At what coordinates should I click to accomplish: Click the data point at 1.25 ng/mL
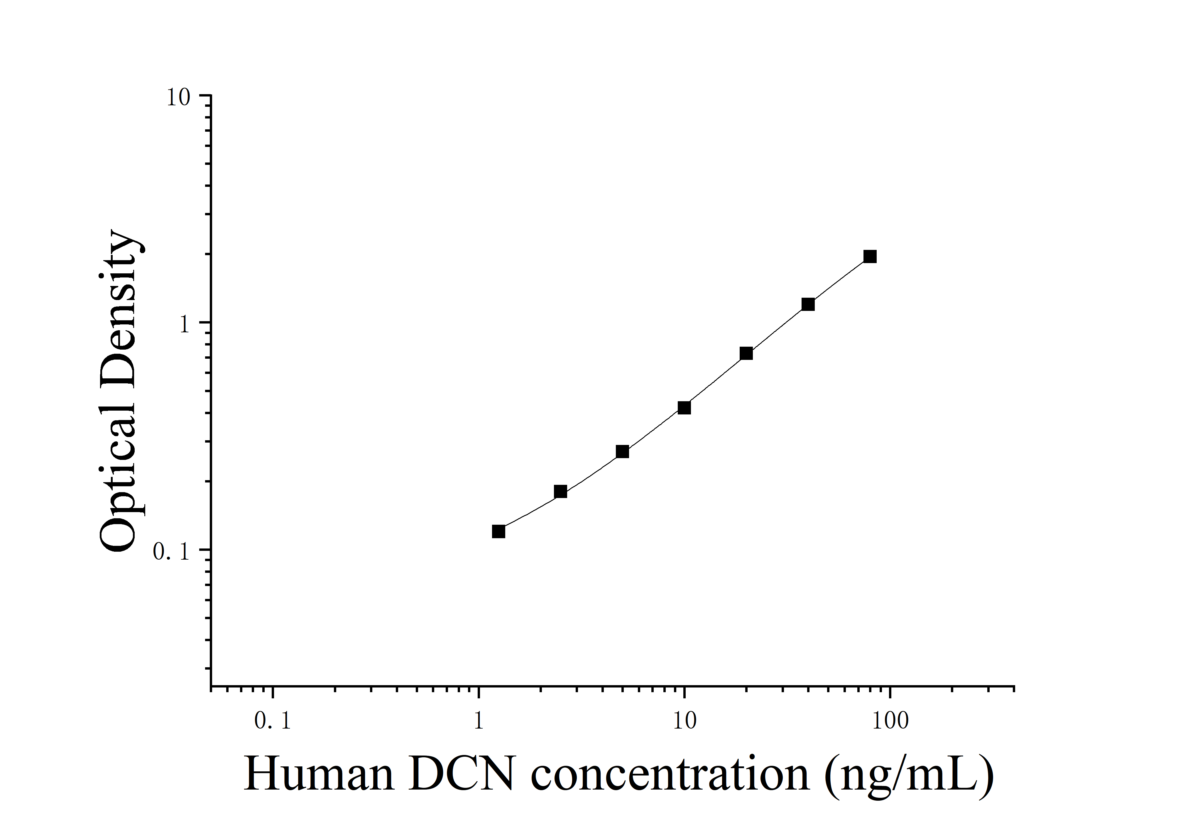point(498,531)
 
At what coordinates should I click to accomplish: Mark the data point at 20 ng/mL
point(746,353)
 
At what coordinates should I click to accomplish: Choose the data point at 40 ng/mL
point(808,304)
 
